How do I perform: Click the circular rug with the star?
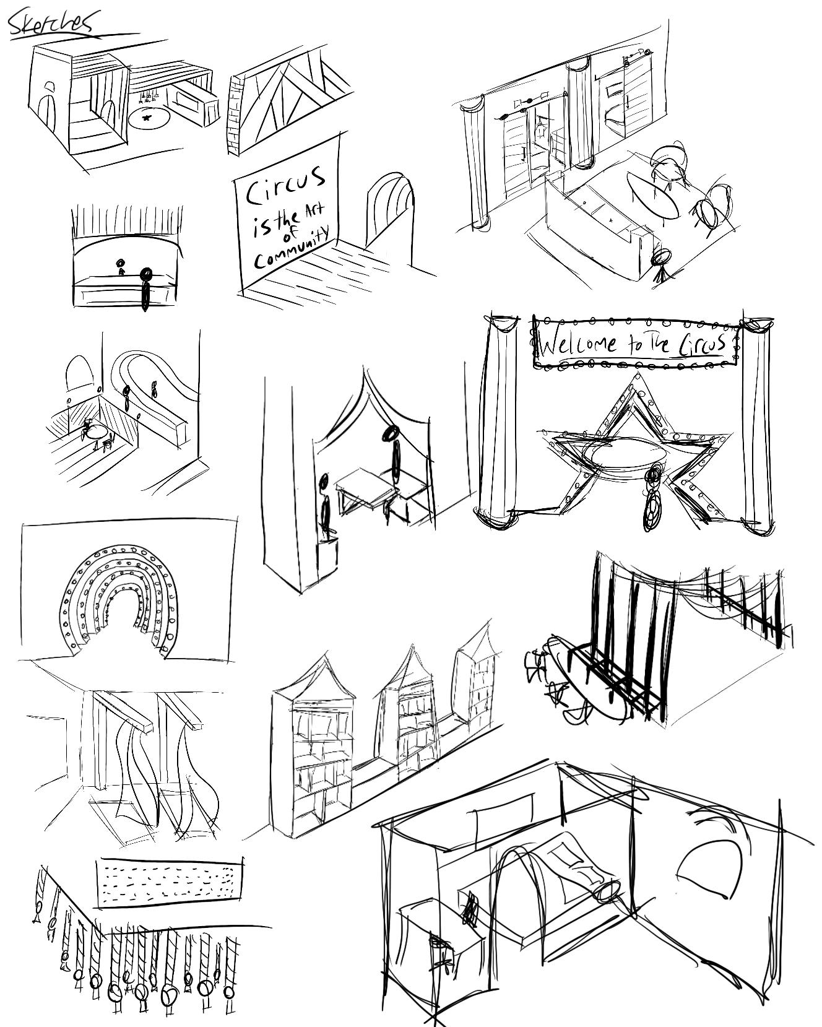pos(148,117)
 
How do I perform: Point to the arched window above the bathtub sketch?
pos(79,371)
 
